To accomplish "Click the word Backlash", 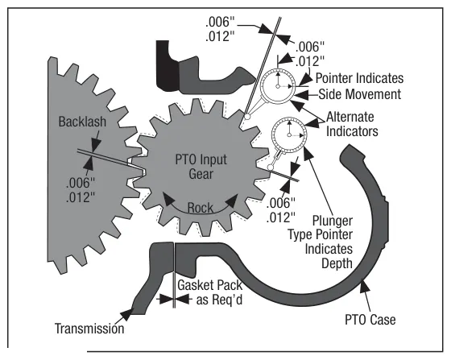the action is click(82, 122).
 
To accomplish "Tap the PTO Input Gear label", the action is click(201, 167).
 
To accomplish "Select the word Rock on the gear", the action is click(201, 208).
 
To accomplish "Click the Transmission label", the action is click(89, 329).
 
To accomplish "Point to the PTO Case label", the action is click(370, 320).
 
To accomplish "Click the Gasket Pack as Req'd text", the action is click(210, 292).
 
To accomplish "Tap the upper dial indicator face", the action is click(278, 85).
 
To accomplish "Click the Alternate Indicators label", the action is click(352, 124).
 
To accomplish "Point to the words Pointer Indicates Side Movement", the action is click(359, 86).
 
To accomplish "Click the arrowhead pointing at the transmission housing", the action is click(127, 315).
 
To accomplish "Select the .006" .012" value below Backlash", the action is click(81, 190).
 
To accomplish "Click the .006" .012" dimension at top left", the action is click(220, 29).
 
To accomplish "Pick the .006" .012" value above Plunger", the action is click(281, 210).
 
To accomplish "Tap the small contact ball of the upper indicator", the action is click(246, 117).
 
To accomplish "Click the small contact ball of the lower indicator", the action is click(270, 167).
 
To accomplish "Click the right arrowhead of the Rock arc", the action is click(233, 200).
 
